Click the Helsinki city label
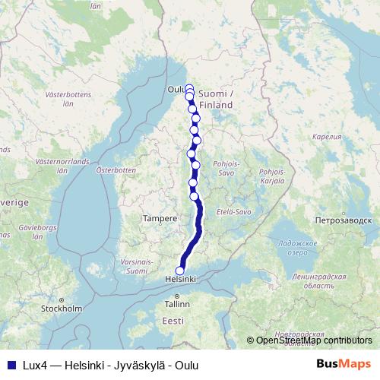(181, 280)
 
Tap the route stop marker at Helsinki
(180, 271)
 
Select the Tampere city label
(160, 218)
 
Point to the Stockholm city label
(62, 309)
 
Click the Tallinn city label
(176, 303)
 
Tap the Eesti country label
(173, 321)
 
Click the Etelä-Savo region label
(233, 211)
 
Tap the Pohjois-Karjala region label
(271, 176)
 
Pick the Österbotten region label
(115, 170)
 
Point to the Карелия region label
(328, 137)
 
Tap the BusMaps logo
(344, 364)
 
